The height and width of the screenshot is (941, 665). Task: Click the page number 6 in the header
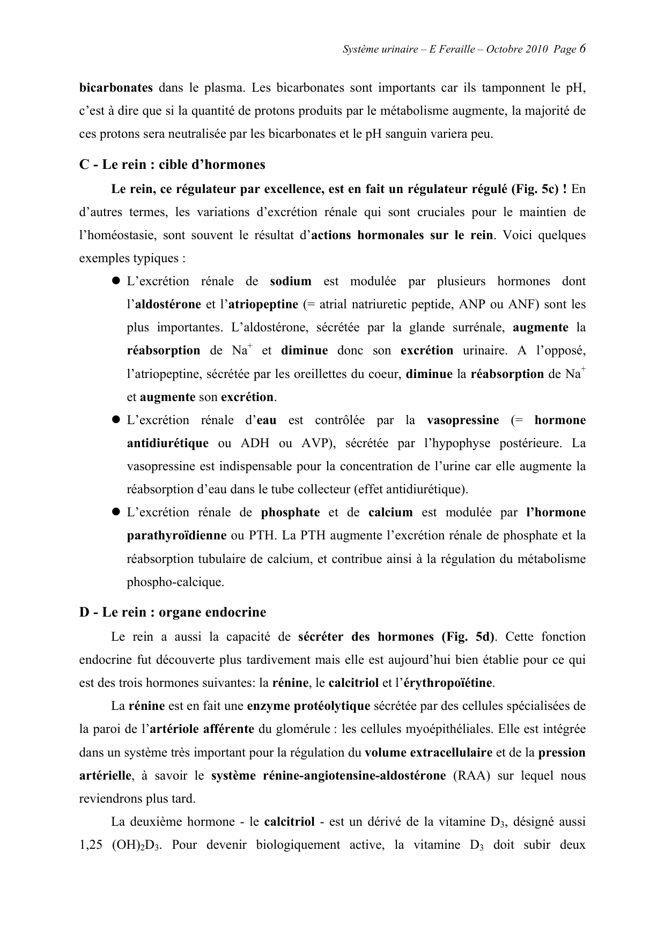tap(582, 49)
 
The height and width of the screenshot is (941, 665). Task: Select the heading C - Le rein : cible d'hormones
tap(172, 165)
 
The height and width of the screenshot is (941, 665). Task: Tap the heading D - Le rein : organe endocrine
tap(173, 612)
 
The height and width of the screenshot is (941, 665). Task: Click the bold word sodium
tap(291, 281)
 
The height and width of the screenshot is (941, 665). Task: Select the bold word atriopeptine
tap(263, 305)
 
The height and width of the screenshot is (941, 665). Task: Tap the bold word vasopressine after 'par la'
tap(462, 420)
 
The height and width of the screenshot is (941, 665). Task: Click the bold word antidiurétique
tap(167, 443)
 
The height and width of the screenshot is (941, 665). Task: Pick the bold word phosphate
tap(290, 513)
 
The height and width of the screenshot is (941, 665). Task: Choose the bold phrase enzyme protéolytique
tap(308, 706)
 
